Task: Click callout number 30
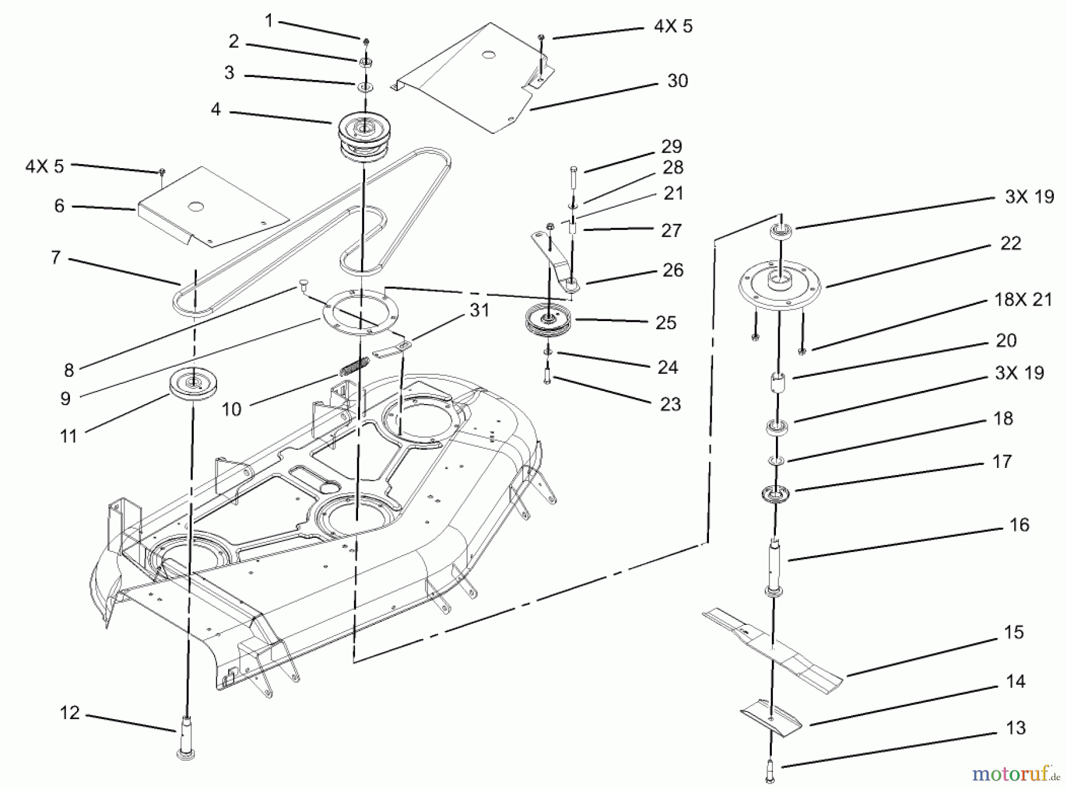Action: click(678, 81)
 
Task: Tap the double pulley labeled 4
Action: click(362, 137)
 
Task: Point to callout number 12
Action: click(69, 713)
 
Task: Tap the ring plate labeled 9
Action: click(361, 313)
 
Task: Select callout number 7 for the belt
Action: click(56, 258)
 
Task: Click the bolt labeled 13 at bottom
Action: click(769, 771)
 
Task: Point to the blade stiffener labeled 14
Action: click(771, 718)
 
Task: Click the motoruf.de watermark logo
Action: click(1016, 774)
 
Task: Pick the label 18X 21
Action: click(1023, 300)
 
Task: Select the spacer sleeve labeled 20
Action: click(778, 382)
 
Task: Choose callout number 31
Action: click(479, 310)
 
